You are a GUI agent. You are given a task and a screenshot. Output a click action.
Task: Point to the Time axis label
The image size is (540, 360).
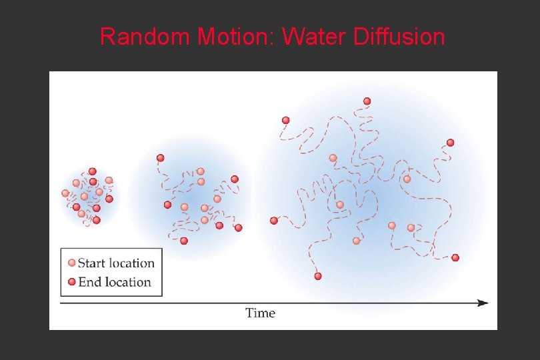click(260, 313)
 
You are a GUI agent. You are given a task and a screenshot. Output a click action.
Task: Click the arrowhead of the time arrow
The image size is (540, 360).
click(483, 303)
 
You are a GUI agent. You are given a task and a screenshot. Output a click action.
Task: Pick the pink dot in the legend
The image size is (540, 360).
click(72, 263)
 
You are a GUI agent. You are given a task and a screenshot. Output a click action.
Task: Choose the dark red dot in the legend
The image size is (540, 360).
click(72, 281)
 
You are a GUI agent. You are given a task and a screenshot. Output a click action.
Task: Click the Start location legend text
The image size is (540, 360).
click(116, 263)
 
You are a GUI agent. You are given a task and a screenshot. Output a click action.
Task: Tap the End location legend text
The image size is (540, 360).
click(115, 281)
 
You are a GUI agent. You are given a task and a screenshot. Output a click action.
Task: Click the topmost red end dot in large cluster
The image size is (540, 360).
click(367, 101)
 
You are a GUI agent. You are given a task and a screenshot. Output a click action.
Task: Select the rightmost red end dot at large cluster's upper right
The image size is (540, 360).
click(450, 143)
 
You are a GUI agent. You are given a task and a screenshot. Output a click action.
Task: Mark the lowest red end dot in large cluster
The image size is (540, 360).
click(318, 276)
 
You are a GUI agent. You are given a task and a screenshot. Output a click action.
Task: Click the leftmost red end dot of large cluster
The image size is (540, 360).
click(273, 221)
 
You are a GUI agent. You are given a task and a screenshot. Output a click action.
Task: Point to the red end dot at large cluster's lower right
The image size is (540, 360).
click(455, 257)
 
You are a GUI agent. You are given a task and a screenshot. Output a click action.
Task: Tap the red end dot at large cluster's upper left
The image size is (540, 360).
click(286, 121)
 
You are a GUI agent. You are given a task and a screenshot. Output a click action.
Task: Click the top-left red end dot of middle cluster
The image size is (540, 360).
click(161, 158)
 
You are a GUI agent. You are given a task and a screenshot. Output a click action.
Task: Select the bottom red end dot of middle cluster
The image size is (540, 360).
click(184, 241)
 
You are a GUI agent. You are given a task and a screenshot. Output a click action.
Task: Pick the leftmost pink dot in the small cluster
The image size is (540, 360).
click(65, 193)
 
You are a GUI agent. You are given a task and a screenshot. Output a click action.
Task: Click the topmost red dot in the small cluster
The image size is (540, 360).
click(92, 171)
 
